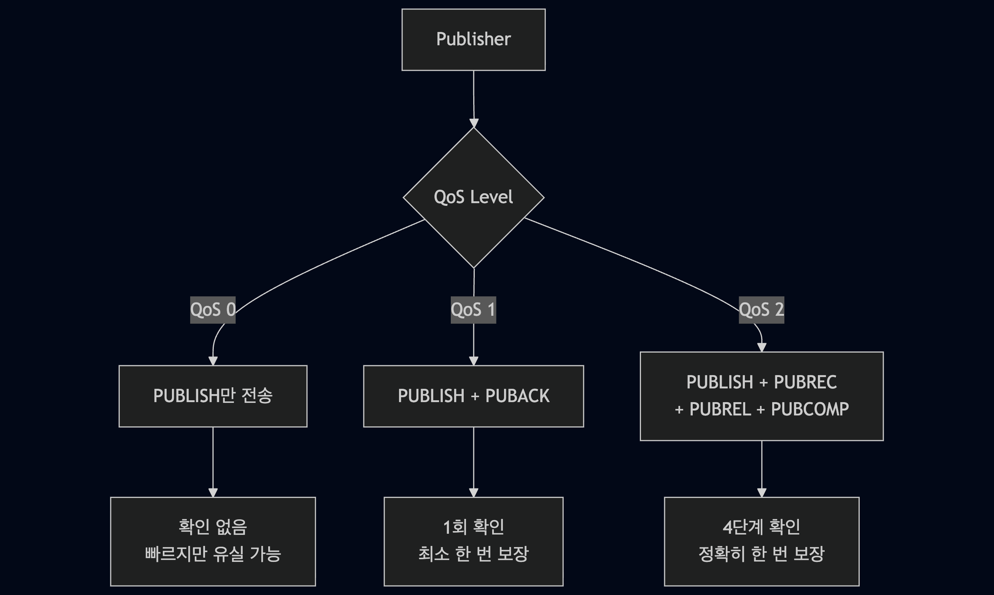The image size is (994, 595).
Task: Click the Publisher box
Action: (x=473, y=40)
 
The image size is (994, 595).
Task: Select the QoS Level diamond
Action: (x=473, y=197)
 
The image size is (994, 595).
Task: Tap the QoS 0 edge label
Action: (x=212, y=310)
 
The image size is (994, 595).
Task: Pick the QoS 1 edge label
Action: (x=473, y=310)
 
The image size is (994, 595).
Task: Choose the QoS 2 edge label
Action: (x=761, y=310)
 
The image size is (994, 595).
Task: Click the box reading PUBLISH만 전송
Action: (x=213, y=396)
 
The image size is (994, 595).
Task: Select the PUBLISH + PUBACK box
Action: (x=473, y=396)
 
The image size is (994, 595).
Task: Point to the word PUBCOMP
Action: (x=810, y=409)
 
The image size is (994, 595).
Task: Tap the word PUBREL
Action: (x=720, y=409)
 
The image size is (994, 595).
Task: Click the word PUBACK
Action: (x=517, y=396)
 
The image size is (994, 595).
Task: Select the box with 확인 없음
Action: (x=213, y=541)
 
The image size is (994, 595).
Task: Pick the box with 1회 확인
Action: (x=473, y=541)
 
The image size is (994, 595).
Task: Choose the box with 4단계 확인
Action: (x=762, y=541)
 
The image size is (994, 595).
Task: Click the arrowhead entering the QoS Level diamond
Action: (x=474, y=124)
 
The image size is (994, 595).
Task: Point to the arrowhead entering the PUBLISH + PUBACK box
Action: (x=474, y=361)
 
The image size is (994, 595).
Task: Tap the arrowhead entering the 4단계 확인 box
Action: (x=762, y=493)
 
